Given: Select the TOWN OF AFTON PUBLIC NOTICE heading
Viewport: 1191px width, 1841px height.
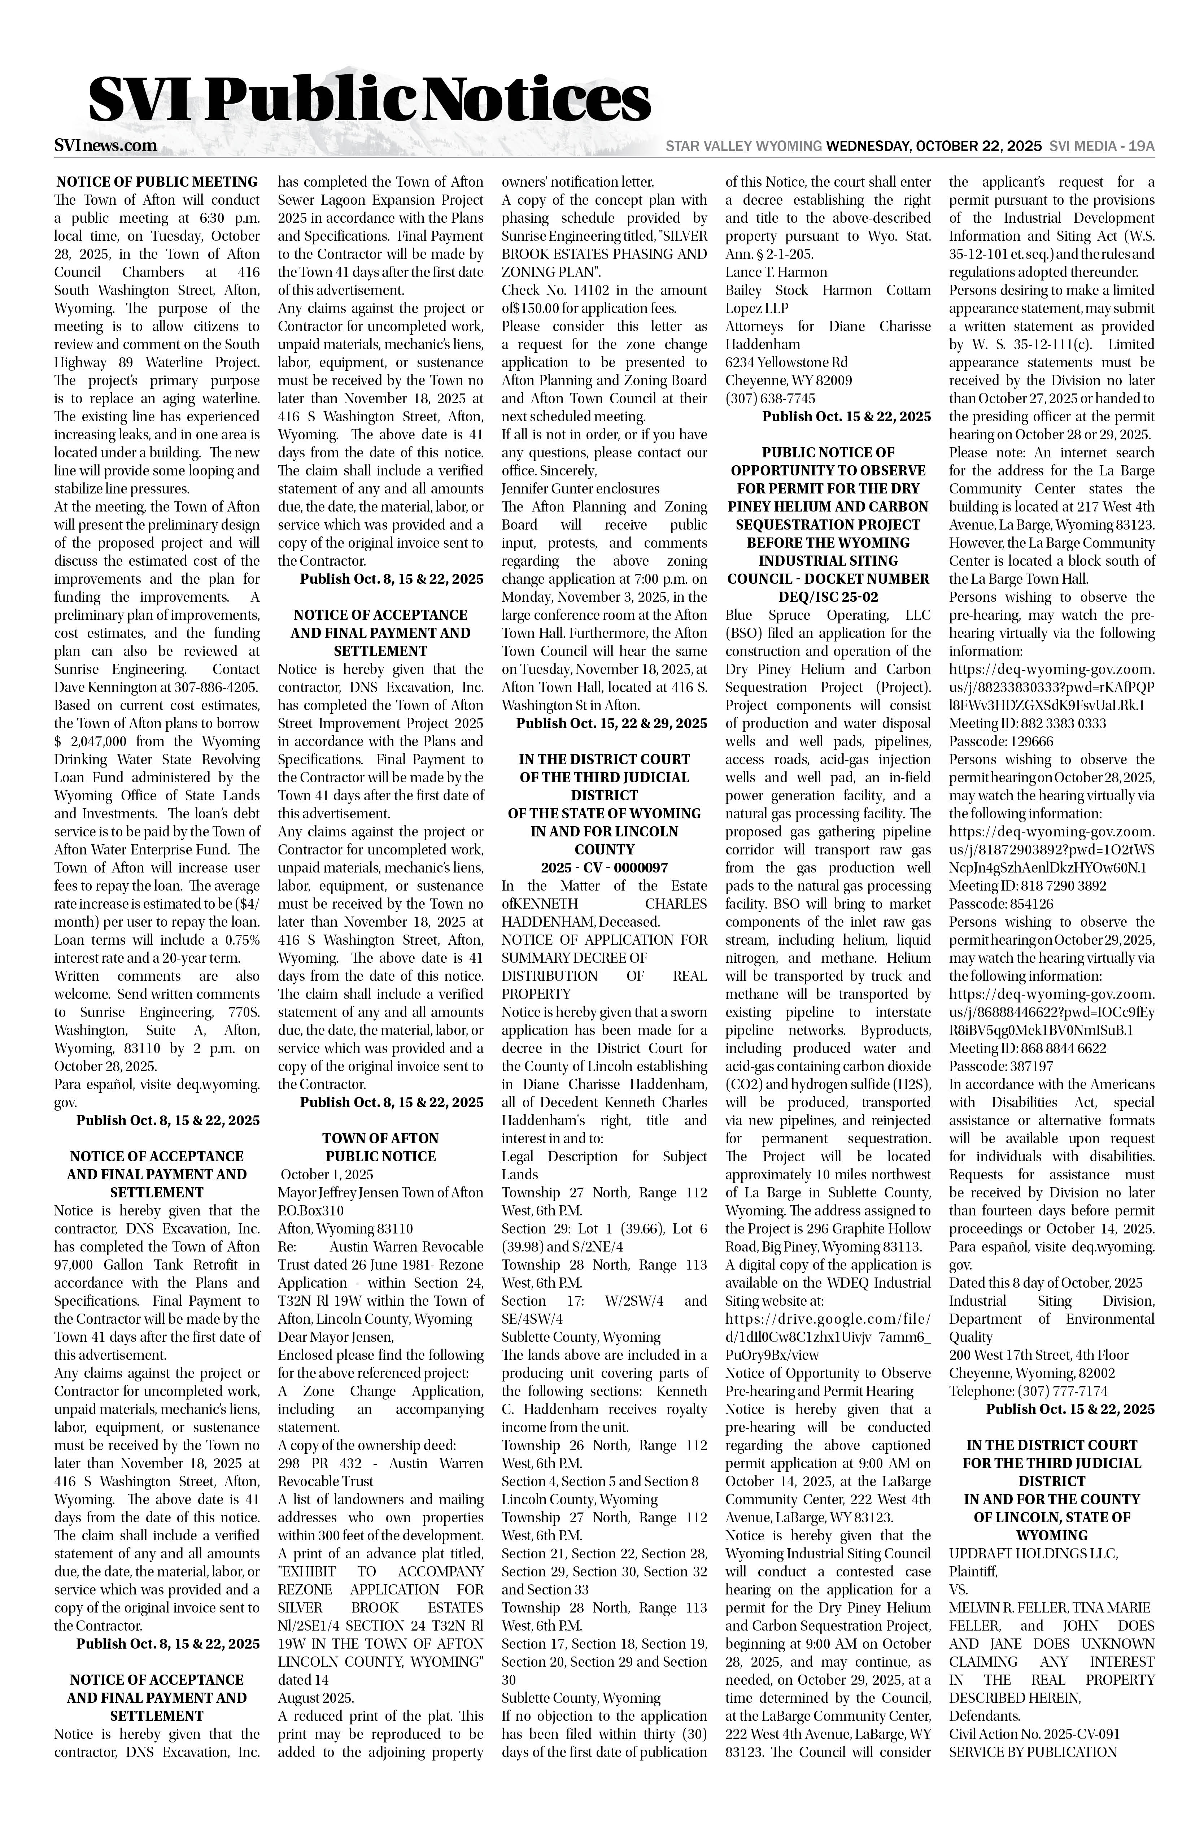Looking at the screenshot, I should [380, 1147].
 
